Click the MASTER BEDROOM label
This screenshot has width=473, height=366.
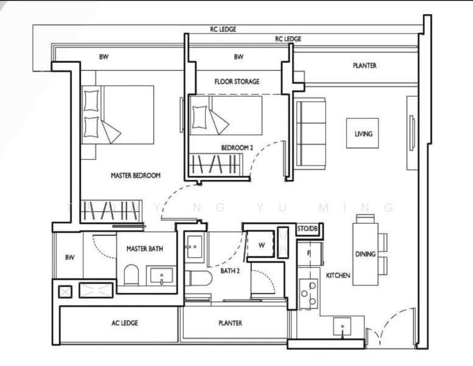tap(135, 176)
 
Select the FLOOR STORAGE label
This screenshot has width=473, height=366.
tap(237, 81)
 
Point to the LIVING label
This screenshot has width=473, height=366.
tap(363, 134)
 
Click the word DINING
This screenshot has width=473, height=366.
tap(365, 254)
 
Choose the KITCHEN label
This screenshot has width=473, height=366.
tap(338, 276)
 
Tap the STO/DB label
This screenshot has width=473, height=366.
tap(308, 229)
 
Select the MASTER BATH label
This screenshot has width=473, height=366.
tap(144, 249)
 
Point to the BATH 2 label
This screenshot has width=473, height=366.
tap(229, 270)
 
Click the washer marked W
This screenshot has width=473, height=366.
tap(261, 245)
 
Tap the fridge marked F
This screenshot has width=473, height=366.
tap(308, 253)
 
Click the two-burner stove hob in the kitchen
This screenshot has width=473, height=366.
tap(308, 293)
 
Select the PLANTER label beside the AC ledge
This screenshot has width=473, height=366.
tap(230, 323)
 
